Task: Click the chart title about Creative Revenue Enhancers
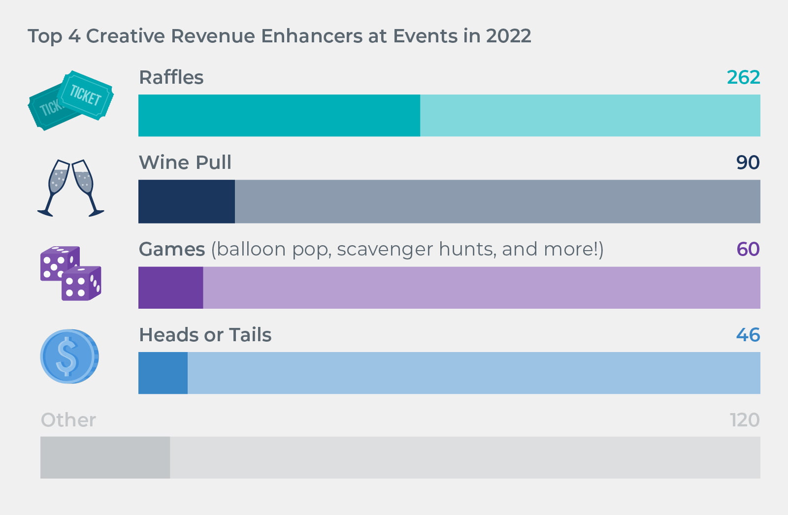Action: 279,36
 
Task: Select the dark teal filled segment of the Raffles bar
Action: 279,115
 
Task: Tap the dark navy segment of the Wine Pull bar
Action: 186,201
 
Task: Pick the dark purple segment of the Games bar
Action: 170,288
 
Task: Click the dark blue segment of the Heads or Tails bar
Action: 163,373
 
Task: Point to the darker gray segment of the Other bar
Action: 105,457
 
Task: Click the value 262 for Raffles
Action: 743,77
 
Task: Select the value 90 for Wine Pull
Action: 748,162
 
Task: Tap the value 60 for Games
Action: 748,249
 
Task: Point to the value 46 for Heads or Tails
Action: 748,335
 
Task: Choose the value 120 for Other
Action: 744,420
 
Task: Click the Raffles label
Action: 171,77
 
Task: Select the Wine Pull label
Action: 185,162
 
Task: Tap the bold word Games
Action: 171,249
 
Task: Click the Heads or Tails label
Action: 205,335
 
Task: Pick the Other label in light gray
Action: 68,420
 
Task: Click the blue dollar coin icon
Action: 69,356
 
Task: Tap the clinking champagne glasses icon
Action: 70,188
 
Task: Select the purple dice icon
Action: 70,273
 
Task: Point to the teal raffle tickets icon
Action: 70,100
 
